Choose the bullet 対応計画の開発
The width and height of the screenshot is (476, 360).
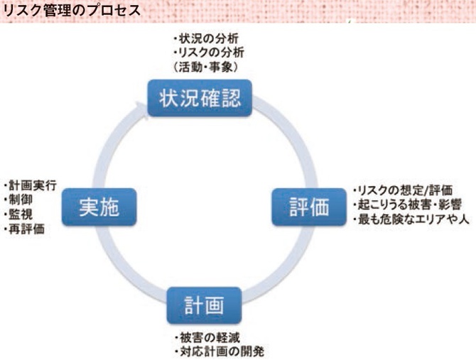(x=211, y=351)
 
